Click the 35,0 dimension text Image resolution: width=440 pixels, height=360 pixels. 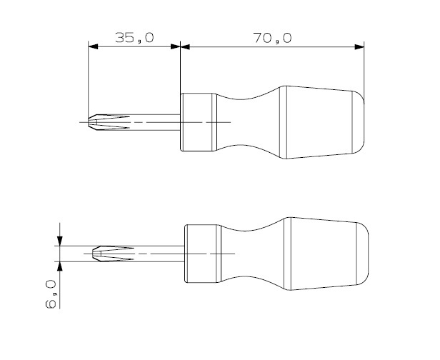pos(135,38)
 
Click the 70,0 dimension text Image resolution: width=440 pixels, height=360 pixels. pos(272,38)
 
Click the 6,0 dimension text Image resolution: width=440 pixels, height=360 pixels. pos(51,294)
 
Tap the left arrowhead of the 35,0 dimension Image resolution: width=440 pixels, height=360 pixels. pos(93,46)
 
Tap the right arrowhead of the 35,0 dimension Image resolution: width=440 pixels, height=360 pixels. pos(176,46)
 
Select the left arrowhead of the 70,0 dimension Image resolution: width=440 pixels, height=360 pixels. pos(185,46)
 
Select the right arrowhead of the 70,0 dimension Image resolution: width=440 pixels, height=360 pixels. pos(359,46)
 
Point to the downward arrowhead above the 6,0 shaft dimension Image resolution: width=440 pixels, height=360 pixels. pos(60,241)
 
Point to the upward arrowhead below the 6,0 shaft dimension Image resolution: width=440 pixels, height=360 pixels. pos(60,266)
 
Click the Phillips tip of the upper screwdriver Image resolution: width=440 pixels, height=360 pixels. pos(109,122)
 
